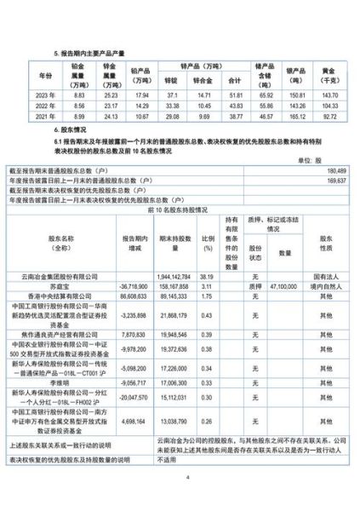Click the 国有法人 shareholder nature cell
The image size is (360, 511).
pyautogui.click(x=321, y=278)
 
